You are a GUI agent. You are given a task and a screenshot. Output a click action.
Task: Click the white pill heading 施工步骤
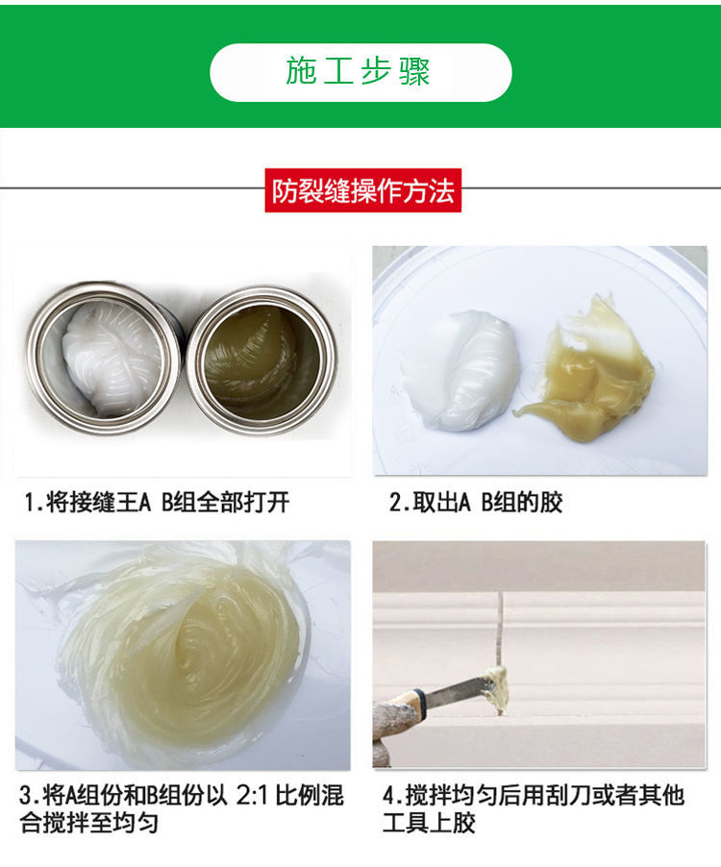[360, 72]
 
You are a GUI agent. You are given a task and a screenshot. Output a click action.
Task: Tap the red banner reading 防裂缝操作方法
[362, 190]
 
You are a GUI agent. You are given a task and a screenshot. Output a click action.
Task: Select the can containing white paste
[104, 357]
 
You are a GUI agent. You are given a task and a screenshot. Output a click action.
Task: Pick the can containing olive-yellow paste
[261, 360]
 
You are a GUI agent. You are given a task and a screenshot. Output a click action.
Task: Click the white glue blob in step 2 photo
[470, 370]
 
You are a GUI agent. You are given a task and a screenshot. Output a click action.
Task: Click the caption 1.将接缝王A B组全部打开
[157, 503]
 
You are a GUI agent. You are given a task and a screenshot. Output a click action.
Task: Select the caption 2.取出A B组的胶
[476, 503]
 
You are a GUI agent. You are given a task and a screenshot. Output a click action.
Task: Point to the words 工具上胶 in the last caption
[429, 823]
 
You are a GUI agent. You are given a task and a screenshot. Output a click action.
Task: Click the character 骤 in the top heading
[414, 71]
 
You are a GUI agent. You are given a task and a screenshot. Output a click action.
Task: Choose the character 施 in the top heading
[301, 71]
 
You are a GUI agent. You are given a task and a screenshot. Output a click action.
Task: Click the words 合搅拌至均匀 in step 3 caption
[89, 823]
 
